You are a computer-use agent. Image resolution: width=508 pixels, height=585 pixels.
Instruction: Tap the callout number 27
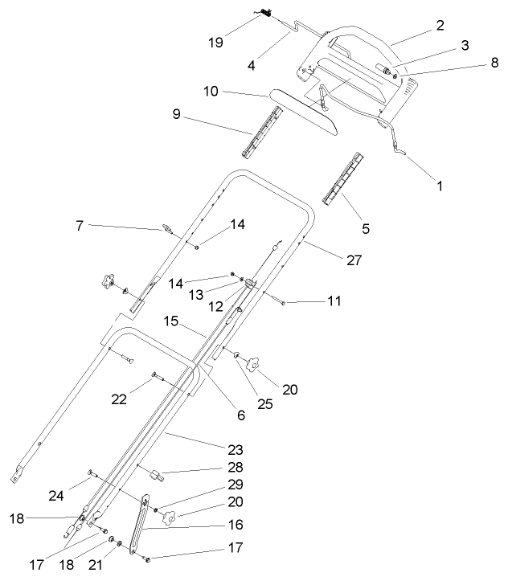click(x=354, y=260)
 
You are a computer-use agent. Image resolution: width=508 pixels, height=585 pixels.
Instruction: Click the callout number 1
click(x=439, y=184)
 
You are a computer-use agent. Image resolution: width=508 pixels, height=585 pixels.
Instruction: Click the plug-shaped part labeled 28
click(x=154, y=476)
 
